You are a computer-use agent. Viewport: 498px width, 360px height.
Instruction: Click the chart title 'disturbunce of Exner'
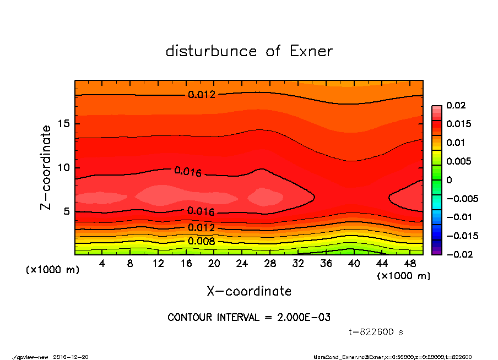click(x=249, y=51)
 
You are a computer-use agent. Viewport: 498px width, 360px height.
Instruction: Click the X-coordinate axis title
click(x=249, y=291)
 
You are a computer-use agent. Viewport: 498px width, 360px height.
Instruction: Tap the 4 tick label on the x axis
click(x=102, y=264)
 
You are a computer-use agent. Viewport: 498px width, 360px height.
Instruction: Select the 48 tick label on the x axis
click(x=409, y=264)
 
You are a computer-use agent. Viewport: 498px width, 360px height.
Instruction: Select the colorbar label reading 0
click(x=449, y=180)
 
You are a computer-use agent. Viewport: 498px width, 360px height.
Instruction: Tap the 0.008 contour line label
click(x=201, y=241)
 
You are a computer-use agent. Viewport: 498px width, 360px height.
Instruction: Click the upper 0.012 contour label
click(x=202, y=95)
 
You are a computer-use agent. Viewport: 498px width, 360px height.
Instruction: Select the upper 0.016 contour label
click(x=188, y=171)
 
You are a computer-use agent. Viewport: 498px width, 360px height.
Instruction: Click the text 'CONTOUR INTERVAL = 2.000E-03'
click(x=249, y=318)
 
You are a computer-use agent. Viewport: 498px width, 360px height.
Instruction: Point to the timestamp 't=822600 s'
click(x=376, y=332)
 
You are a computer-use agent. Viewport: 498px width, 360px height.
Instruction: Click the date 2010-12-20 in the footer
click(x=71, y=357)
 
